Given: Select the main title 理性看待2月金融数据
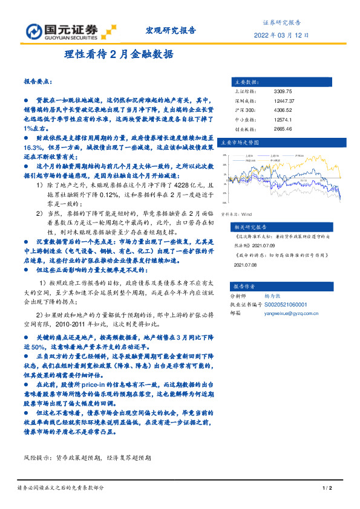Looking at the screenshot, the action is click(119, 54).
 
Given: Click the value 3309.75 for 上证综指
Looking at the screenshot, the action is click(283, 91).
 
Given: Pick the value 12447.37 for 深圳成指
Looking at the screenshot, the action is click(284, 101).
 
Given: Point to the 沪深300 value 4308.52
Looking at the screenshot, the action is click(283, 110).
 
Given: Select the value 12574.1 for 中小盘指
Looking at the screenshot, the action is click(283, 120).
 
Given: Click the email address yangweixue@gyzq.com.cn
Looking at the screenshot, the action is click(293, 313).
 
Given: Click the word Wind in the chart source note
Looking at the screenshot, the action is click(247, 214).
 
